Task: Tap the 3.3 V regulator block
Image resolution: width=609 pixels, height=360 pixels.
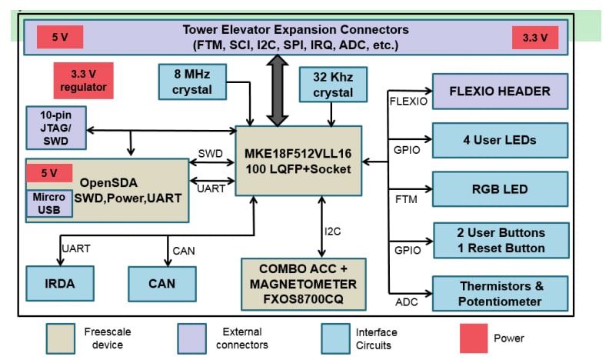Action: click(83, 81)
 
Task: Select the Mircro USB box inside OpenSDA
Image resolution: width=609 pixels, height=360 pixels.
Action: click(48, 202)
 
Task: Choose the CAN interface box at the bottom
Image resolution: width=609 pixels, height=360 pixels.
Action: click(162, 282)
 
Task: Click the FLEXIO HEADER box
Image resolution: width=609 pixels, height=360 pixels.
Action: click(500, 92)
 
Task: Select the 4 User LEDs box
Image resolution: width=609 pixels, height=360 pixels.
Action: click(500, 140)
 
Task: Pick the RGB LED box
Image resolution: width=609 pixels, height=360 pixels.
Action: click(500, 189)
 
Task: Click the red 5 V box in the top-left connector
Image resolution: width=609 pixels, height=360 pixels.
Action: click(59, 37)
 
